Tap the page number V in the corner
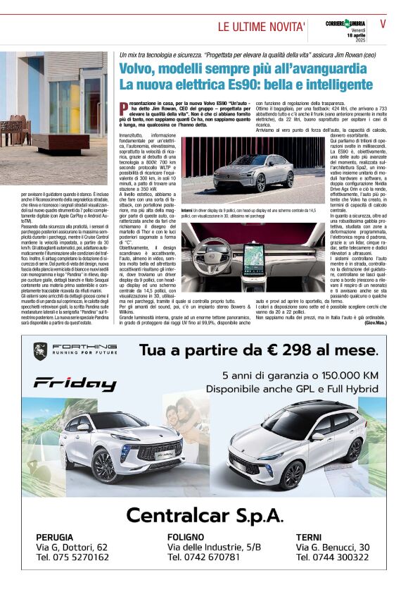pyautogui.click(x=383, y=23)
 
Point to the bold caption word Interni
pyautogui.click(x=186, y=210)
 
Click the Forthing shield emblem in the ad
pyautogui.click(x=40, y=350)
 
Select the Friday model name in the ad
pyautogui.click(x=75, y=383)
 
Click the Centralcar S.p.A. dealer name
pyautogui.click(x=204, y=515)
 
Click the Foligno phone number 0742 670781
pyautogui.click(x=203, y=557)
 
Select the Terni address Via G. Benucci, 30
pyautogui.click(x=333, y=547)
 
